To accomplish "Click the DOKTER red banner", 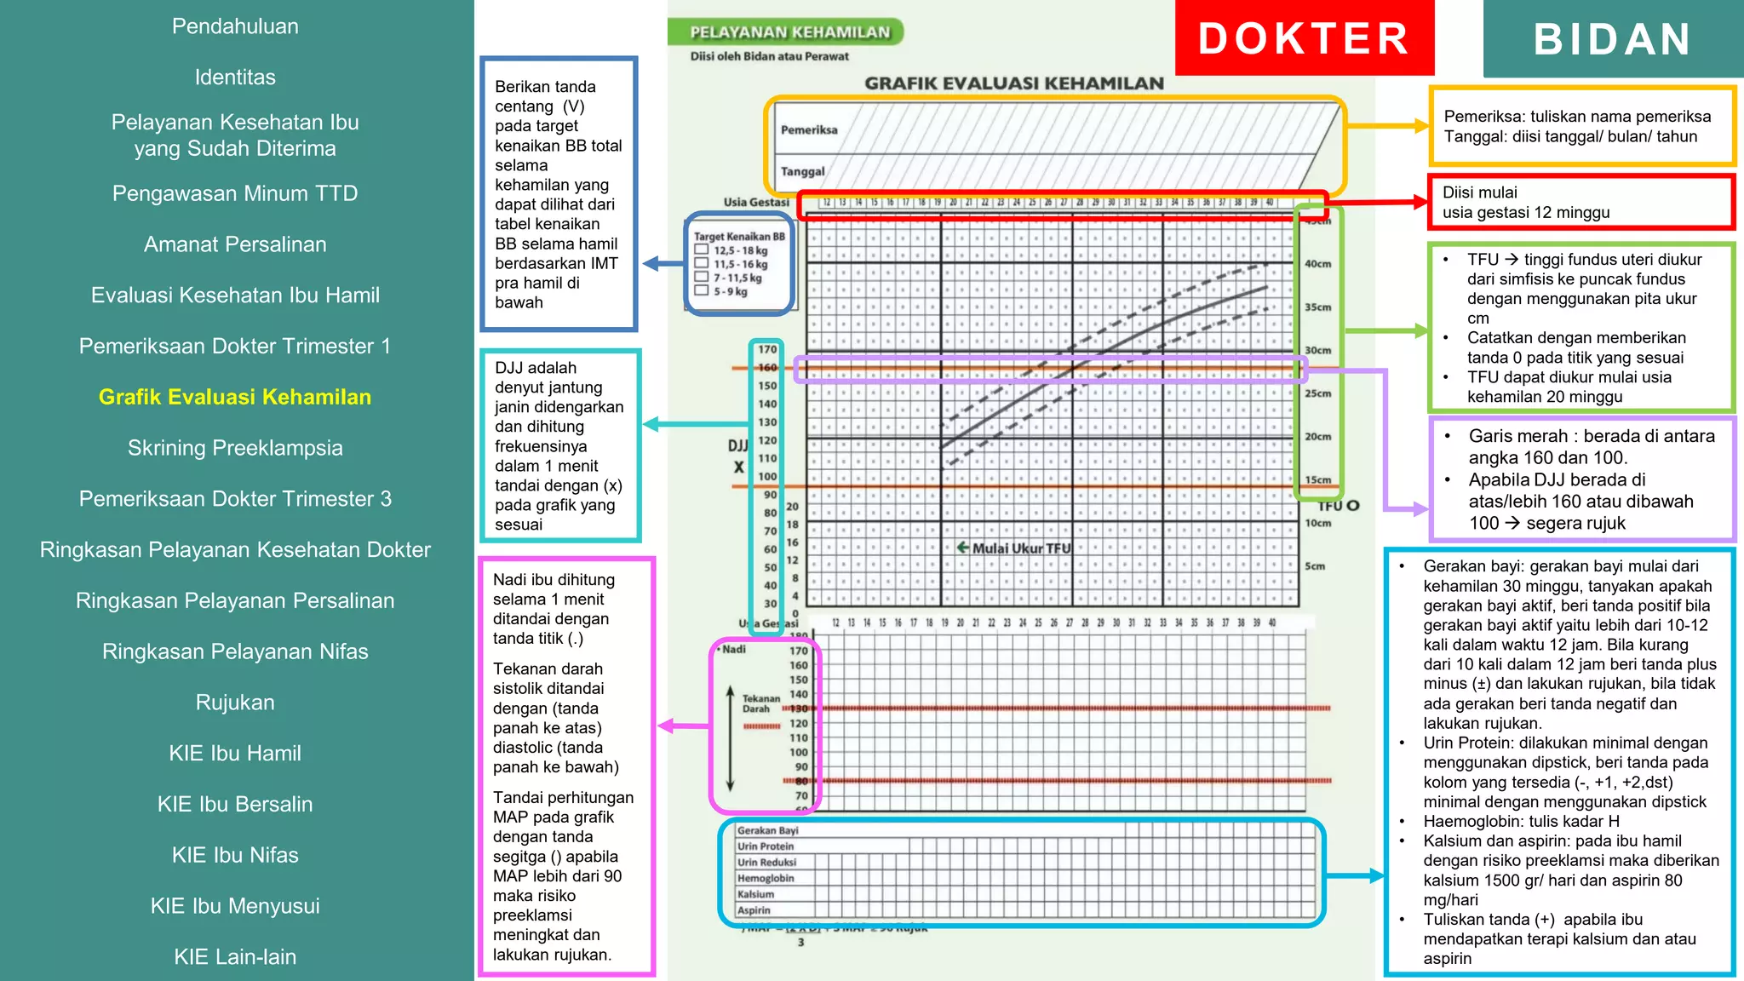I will (x=1304, y=38).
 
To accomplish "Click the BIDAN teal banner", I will (x=1612, y=39).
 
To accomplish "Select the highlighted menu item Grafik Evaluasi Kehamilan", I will (x=235, y=397).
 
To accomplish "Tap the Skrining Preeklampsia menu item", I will (x=235, y=448).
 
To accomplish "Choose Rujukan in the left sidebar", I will (x=235, y=703).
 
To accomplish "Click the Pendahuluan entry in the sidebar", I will (x=235, y=26).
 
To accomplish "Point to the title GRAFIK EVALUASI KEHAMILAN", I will (x=1013, y=83).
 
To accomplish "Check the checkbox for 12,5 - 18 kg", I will (x=702, y=250).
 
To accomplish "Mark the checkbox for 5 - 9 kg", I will (x=702, y=290).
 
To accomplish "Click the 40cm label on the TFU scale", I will (x=1317, y=264).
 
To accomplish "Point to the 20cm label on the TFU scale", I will (x=1317, y=437).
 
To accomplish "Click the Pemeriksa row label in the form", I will (x=809, y=130).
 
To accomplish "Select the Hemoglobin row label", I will (x=766, y=878).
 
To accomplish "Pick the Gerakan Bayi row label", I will (x=767, y=830).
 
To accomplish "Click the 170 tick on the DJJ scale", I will (x=767, y=349).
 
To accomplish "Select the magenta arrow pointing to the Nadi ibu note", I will (x=683, y=726).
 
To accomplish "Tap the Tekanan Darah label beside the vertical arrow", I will (x=760, y=703).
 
